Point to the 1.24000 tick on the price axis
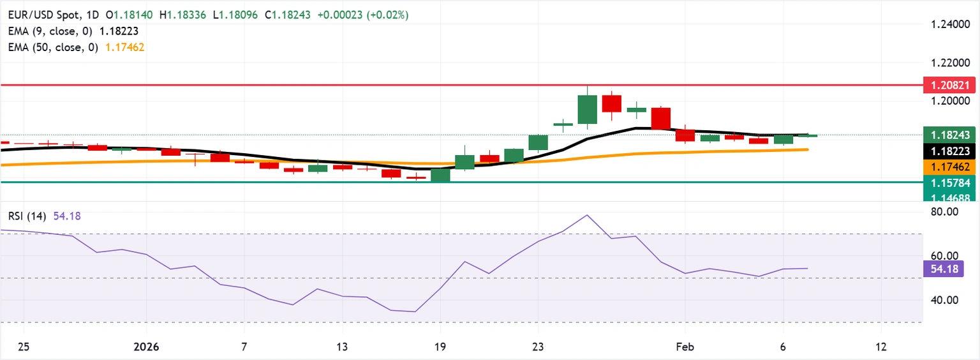pyautogui.click(x=949, y=24)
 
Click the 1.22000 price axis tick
pyautogui.click(x=949, y=63)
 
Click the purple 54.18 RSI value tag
pyautogui.click(x=942, y=269)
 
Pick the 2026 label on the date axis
pyautogui.click(x=146, y=347)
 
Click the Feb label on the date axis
pyautogui.click(x=685, y=347)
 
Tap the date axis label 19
pyautogui.click(x=440, y=347)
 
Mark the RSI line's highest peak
pyautogui.click(x=586, y=215)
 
